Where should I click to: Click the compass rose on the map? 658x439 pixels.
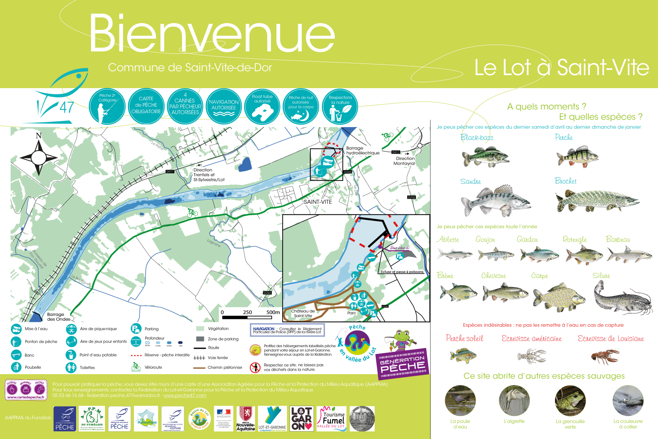pyautogui.click(x=39, y=157)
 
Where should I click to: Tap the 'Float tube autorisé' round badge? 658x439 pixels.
pyautogui.click(x=262, y=106)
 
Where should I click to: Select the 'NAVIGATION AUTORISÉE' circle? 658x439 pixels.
pyautogui.click(x=224, y=106)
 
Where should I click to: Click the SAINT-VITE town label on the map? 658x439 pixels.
pyautogui.click(x=318, y=202)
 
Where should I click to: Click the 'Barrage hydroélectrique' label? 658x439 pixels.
pyautogui.click(x=363, y=151)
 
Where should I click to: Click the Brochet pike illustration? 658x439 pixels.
pyautogui.click(x=597, y=201)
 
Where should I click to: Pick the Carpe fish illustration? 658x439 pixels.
pyautogui.click(x=559, y=297)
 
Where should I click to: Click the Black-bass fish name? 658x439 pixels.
pyautogui.click(x=477, y=138)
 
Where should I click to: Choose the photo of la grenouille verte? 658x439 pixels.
pyautogui.click(x=570, y=401)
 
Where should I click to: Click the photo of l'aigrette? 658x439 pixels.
pyautogui.click(x=514, y=401)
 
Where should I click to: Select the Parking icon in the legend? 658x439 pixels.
pyautogui.click(x=136, y=329)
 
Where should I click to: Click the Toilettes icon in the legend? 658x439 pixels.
pyautogui.click(x=71, y=367)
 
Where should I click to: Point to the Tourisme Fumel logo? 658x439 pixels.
pyautogui.click(x=331, y=419)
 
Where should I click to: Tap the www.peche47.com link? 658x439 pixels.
pyautogui.click(x=185, y=395)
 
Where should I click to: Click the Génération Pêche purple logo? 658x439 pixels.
pyautogui.click(x=402, y=364)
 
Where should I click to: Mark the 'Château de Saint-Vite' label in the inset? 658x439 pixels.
pyautogui.click(x=303, y=313)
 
